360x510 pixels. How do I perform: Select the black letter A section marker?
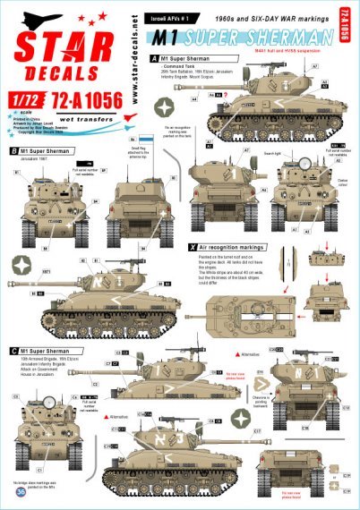point(153,57)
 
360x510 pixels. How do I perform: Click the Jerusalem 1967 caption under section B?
point(33,161)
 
